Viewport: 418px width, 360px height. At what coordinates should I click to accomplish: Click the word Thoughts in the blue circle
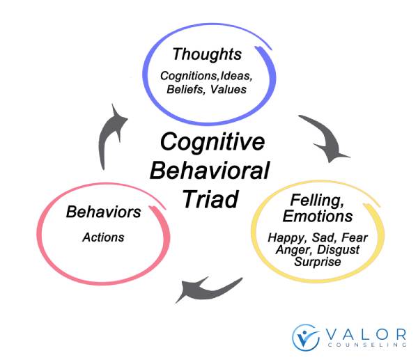[x=207, y=54]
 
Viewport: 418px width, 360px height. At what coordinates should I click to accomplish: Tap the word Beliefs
[x=186, y=89]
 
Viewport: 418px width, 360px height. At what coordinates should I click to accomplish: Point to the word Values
[x=229, y=89]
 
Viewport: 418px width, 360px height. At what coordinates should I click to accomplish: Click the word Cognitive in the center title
[x=212, y=142]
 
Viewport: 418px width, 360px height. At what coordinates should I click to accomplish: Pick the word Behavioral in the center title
[x=210, y=171]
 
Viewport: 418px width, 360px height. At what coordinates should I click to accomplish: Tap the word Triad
[x=210, y=199]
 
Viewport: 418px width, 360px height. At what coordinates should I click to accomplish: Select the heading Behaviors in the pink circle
[x=103, y=212]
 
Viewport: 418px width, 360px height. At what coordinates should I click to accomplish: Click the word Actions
[x=103, y=237]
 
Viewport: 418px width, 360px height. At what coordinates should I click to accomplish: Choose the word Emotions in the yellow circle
[x=318, y=216]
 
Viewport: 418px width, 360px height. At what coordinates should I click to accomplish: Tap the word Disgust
[x=339, y=250]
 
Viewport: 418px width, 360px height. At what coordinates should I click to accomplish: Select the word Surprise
[x=318, y=261]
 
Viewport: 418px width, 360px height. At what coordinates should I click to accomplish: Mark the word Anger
[x=294, y=250]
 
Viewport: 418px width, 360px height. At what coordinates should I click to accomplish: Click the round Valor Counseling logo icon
[x=306, y=337]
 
